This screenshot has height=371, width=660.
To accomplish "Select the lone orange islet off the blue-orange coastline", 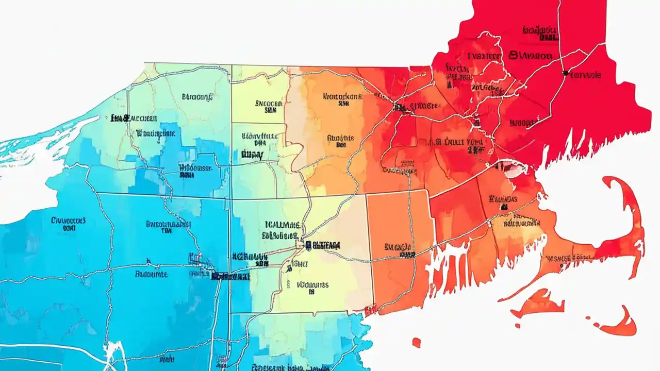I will pos(416,342).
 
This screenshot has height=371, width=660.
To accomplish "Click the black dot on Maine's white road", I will pos(566,73).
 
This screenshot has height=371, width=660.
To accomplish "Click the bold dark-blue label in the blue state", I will pos(230,276).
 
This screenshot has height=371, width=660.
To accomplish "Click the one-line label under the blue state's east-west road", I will pos(151,275).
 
